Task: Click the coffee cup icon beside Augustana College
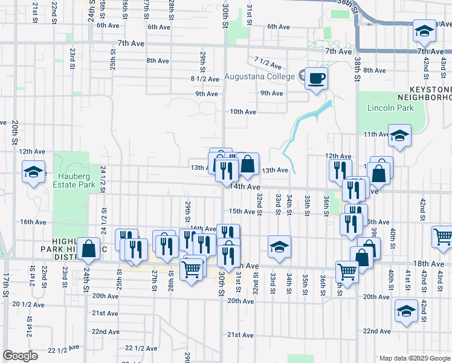click(316, 78)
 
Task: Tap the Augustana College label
click(259, 77)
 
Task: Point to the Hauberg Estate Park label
click(77, 180)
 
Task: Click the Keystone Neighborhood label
click(424, 93)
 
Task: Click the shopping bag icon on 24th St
click(89, 248)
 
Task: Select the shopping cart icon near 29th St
click(192, 270)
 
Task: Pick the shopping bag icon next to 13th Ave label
click(248, 164)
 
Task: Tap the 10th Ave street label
click(243, 111)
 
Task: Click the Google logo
click(20, 356)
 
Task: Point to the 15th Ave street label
click(242, 211)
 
